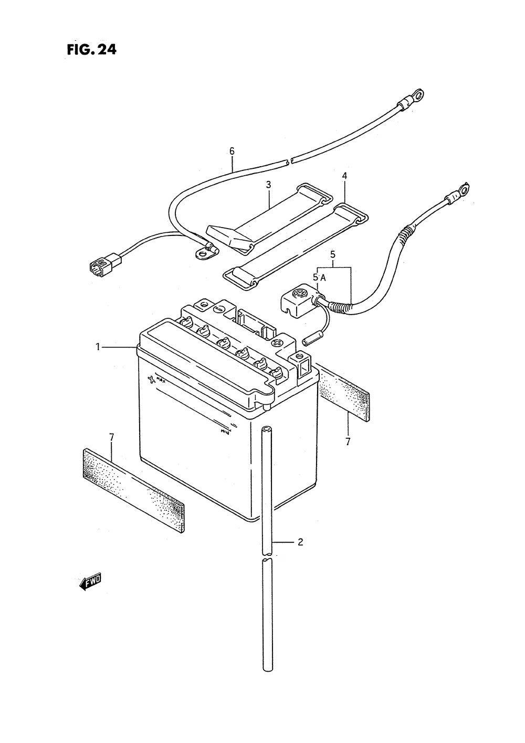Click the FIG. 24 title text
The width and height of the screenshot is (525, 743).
91,50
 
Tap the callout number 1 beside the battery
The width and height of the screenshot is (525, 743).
98,347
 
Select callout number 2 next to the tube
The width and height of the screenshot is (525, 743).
300,542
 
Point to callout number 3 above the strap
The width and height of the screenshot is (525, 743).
268,185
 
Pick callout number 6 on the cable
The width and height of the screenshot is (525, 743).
232,151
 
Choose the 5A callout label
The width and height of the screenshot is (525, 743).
319,278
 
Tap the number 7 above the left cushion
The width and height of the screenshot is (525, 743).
111,436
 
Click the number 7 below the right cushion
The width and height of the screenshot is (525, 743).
348,442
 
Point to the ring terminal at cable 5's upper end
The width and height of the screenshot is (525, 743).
464,188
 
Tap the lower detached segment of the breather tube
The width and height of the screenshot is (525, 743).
268,615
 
